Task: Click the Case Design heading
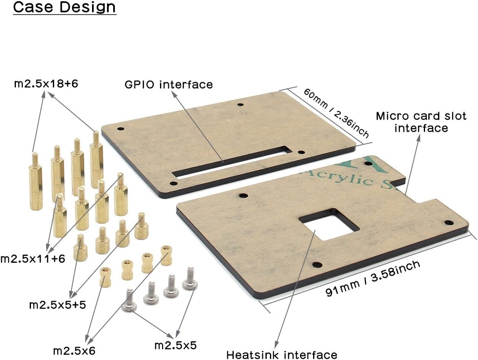click(x=64, y=7)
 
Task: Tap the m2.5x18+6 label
click(x=46, y=83)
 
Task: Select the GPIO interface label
click(x=169, y=84)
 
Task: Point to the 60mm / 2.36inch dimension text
click(x=336, y=113)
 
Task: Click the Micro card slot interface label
click(x=421, y=122)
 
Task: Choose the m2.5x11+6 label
click(x=33, y=259)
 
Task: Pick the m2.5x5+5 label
click(x=57, y=305)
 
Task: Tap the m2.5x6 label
click(x=74, y=351)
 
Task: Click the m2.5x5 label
click(x=175, y=345)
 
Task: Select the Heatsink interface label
click(x=282, y=355)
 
